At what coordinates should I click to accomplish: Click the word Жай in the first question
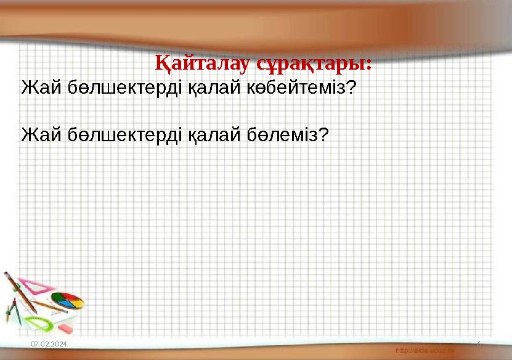(36, 87)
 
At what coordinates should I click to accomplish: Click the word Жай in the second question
(36, 133)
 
